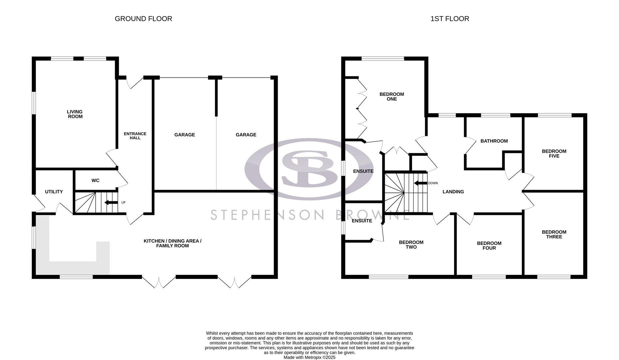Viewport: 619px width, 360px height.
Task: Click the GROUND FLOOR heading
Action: coord(143,19)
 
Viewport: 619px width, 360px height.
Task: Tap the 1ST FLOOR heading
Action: coord(450,19)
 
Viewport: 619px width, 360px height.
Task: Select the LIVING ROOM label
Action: coord(75,114)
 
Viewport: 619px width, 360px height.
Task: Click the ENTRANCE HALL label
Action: coord(135,136)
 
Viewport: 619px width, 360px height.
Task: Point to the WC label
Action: coord(95,180)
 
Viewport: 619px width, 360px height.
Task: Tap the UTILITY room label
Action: coord(54,192)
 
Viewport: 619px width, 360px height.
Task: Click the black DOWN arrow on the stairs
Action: coord(420,183)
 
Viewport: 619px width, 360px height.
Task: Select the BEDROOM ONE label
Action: coord(392,96)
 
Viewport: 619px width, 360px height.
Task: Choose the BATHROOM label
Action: coord(494,141)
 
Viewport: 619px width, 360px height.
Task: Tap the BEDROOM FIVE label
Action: coord(554,153)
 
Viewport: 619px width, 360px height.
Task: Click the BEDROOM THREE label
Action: coord(554,234)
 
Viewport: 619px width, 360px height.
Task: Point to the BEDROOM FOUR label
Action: coord(489,245)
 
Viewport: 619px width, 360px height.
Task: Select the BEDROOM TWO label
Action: coord(411,244)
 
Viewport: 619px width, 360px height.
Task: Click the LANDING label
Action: coord(453,192)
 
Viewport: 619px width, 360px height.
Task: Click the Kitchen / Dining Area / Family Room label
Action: coord(172,243)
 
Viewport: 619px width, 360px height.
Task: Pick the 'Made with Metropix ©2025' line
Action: coord(309,357)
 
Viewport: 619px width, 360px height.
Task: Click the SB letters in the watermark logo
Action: coord(309,168)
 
